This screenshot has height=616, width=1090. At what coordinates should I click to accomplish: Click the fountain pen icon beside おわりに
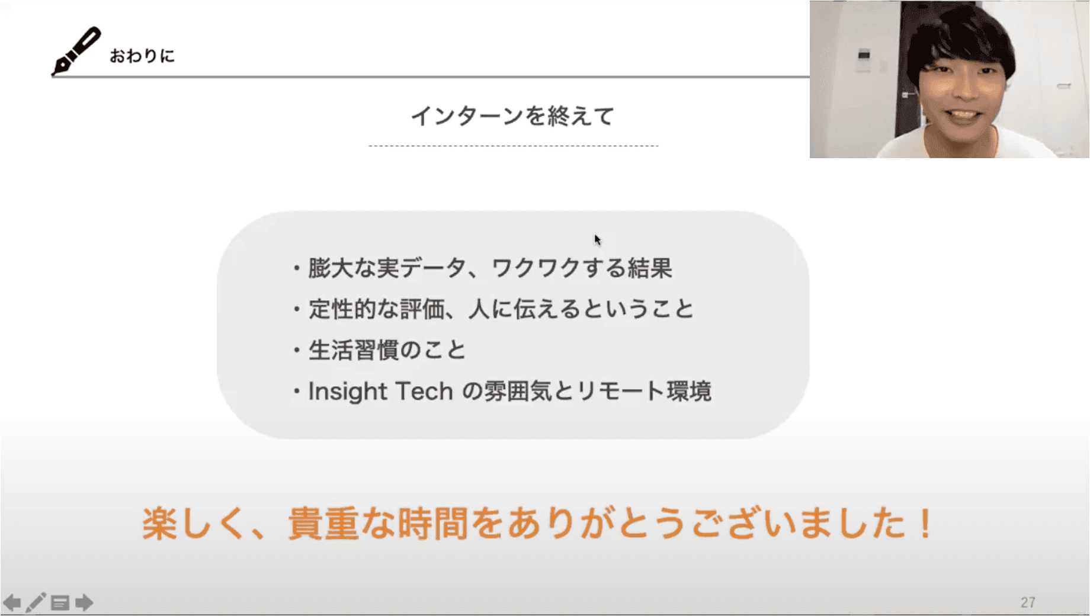coord(76,51)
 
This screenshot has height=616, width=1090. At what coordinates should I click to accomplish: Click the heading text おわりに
coord(142,56)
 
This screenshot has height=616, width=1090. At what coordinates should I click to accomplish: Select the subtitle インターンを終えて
coord(513,116)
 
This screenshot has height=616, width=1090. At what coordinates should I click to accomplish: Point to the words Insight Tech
coord(380,392)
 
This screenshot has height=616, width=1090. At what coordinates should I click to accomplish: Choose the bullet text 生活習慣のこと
coord(387,350)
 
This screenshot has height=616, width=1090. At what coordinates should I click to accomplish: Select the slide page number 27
coord(1028,602)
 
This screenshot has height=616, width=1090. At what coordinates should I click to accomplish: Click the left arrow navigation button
coord(12,603)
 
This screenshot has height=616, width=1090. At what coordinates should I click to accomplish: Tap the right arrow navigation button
coord(84,603)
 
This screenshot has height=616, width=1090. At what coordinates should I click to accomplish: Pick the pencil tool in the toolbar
coord(36,602)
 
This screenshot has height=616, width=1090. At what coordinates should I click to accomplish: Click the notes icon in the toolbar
coord(60,603)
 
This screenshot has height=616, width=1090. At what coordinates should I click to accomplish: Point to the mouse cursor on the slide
coord(598,239)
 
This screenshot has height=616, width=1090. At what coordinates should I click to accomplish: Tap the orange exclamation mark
coord(924,523)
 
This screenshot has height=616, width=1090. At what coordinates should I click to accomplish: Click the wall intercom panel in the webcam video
coord(864,59)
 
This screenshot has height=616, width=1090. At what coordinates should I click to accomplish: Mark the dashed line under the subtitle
coord(513,145)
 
